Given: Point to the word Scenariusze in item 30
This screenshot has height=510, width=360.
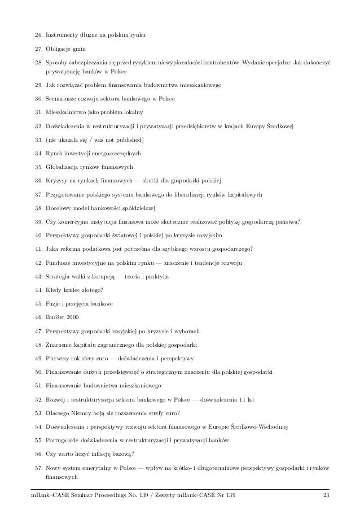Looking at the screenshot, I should (63, 98).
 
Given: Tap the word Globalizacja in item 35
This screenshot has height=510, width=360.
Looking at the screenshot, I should (64, 166).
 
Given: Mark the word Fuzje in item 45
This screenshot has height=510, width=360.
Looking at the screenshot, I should (54, 304).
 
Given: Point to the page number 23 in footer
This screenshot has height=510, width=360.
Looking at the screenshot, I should (326, 496).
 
